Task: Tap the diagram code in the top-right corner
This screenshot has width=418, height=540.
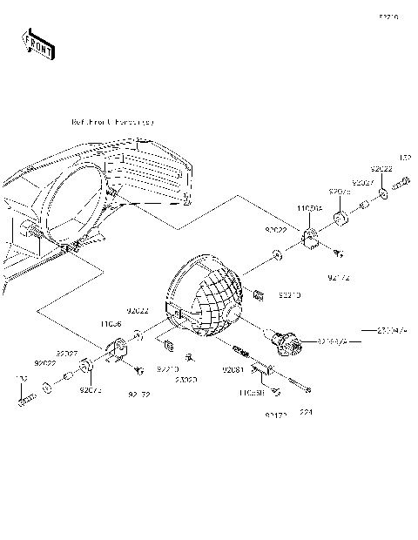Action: click(x=388, y=17)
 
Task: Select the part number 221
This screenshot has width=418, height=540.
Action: click(x=306, y=412)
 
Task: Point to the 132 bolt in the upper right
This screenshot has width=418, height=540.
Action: click(x=401, y=185)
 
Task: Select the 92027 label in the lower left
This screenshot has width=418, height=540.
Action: click(x=69, y=353)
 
